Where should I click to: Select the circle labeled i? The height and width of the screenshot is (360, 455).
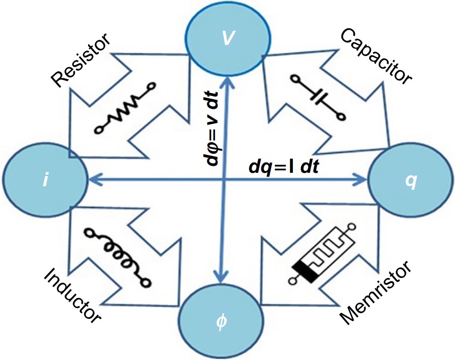(45, 179)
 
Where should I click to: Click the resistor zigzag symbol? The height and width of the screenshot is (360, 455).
(124, 108)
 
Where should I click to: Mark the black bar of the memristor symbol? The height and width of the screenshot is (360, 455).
(304, 271)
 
